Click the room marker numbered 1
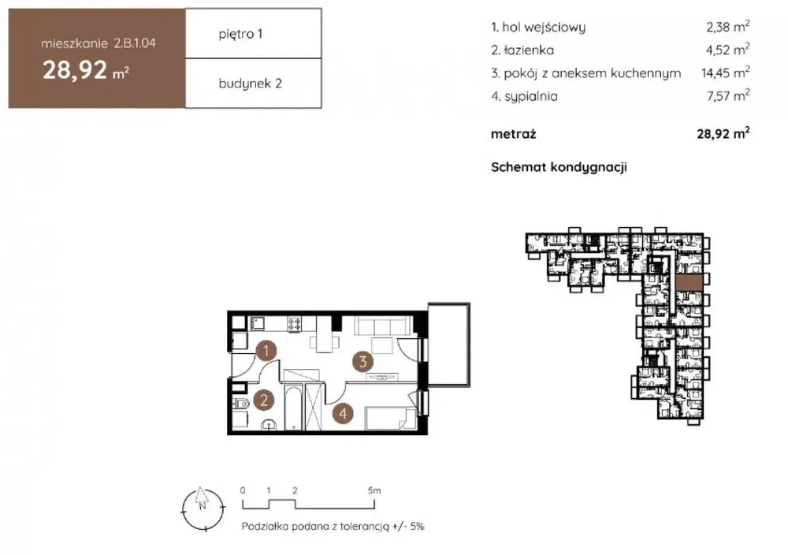pos(266,351)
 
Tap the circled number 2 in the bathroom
pos(263,400)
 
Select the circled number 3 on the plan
pos(362,361)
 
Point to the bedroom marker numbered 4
pos(343,413)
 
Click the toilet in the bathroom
pos(242,403)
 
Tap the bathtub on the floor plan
pos(293,408)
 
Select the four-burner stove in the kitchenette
pos(295,324)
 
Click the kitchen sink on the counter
pos(258,322)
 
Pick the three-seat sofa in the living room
pos(382,326)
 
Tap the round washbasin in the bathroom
pos(269,425)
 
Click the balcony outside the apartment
pos(448,345)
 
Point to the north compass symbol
pos(202,508)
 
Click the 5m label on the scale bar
pos(374,490)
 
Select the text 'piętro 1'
pos(240,34)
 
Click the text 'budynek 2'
pos(251,84)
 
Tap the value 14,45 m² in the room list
pos(726,73)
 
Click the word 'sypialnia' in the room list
pos(530,96)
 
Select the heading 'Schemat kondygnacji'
pos(559,167)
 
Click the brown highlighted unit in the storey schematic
pos(689,283)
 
